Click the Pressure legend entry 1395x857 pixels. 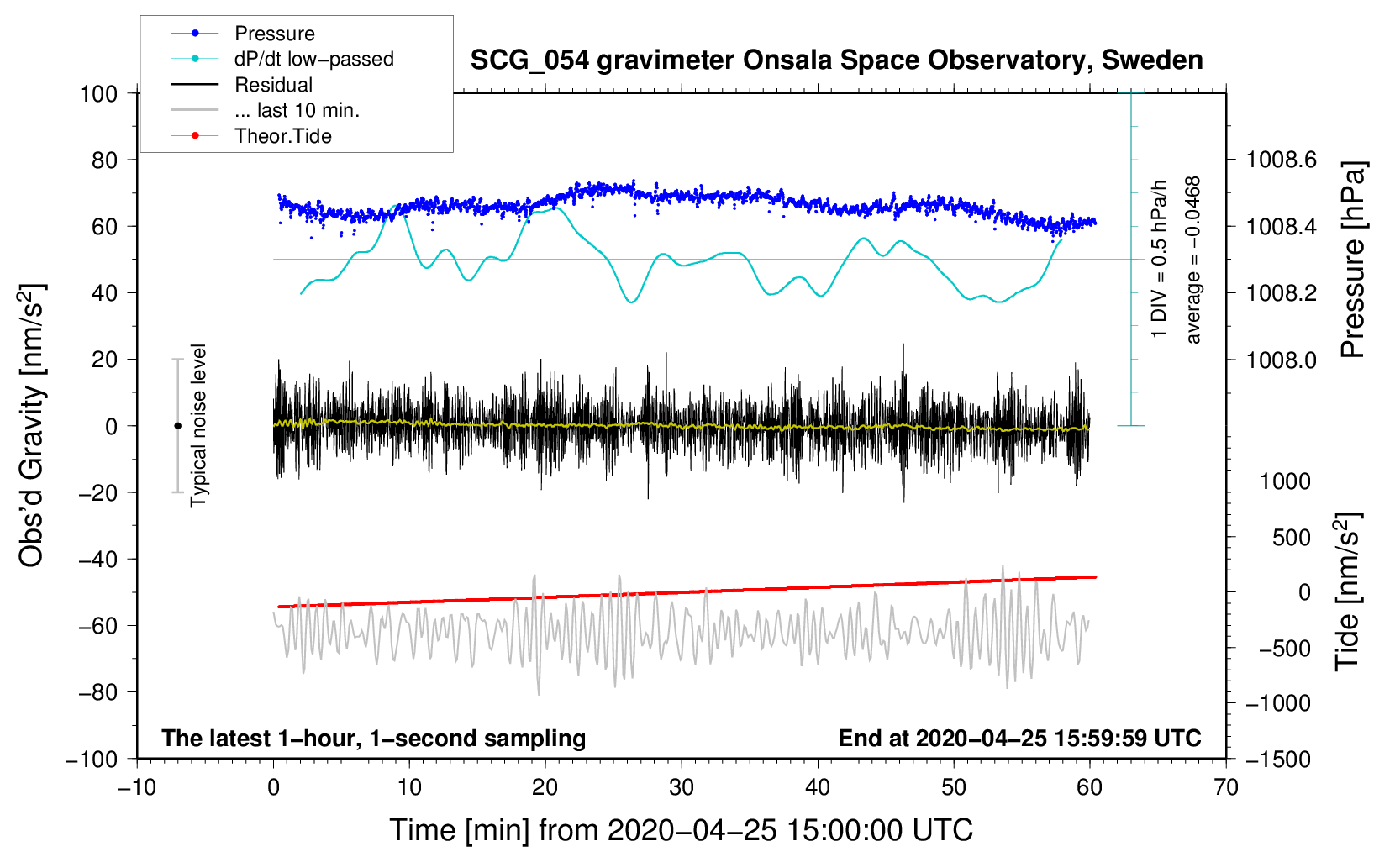[274, 34]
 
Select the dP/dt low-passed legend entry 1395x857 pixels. [313, 59]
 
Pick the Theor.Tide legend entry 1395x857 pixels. [282, 136]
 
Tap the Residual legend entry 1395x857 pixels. [273, 85]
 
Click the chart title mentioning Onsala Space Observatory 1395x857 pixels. [836, 60]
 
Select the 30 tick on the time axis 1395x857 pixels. [682, 787]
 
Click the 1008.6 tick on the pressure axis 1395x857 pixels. [1281, 160]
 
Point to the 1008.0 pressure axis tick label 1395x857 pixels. [1281, 360]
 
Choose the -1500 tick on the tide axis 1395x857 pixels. [1278, 760]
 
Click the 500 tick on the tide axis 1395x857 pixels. [1292, 538]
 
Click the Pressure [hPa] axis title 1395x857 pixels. [1352, 260]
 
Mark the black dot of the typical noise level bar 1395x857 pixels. [177, 426]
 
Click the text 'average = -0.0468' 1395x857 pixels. [1192, 260]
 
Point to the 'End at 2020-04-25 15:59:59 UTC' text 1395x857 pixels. [1019, 738]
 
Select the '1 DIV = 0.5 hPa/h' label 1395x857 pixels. [1159, 259]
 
